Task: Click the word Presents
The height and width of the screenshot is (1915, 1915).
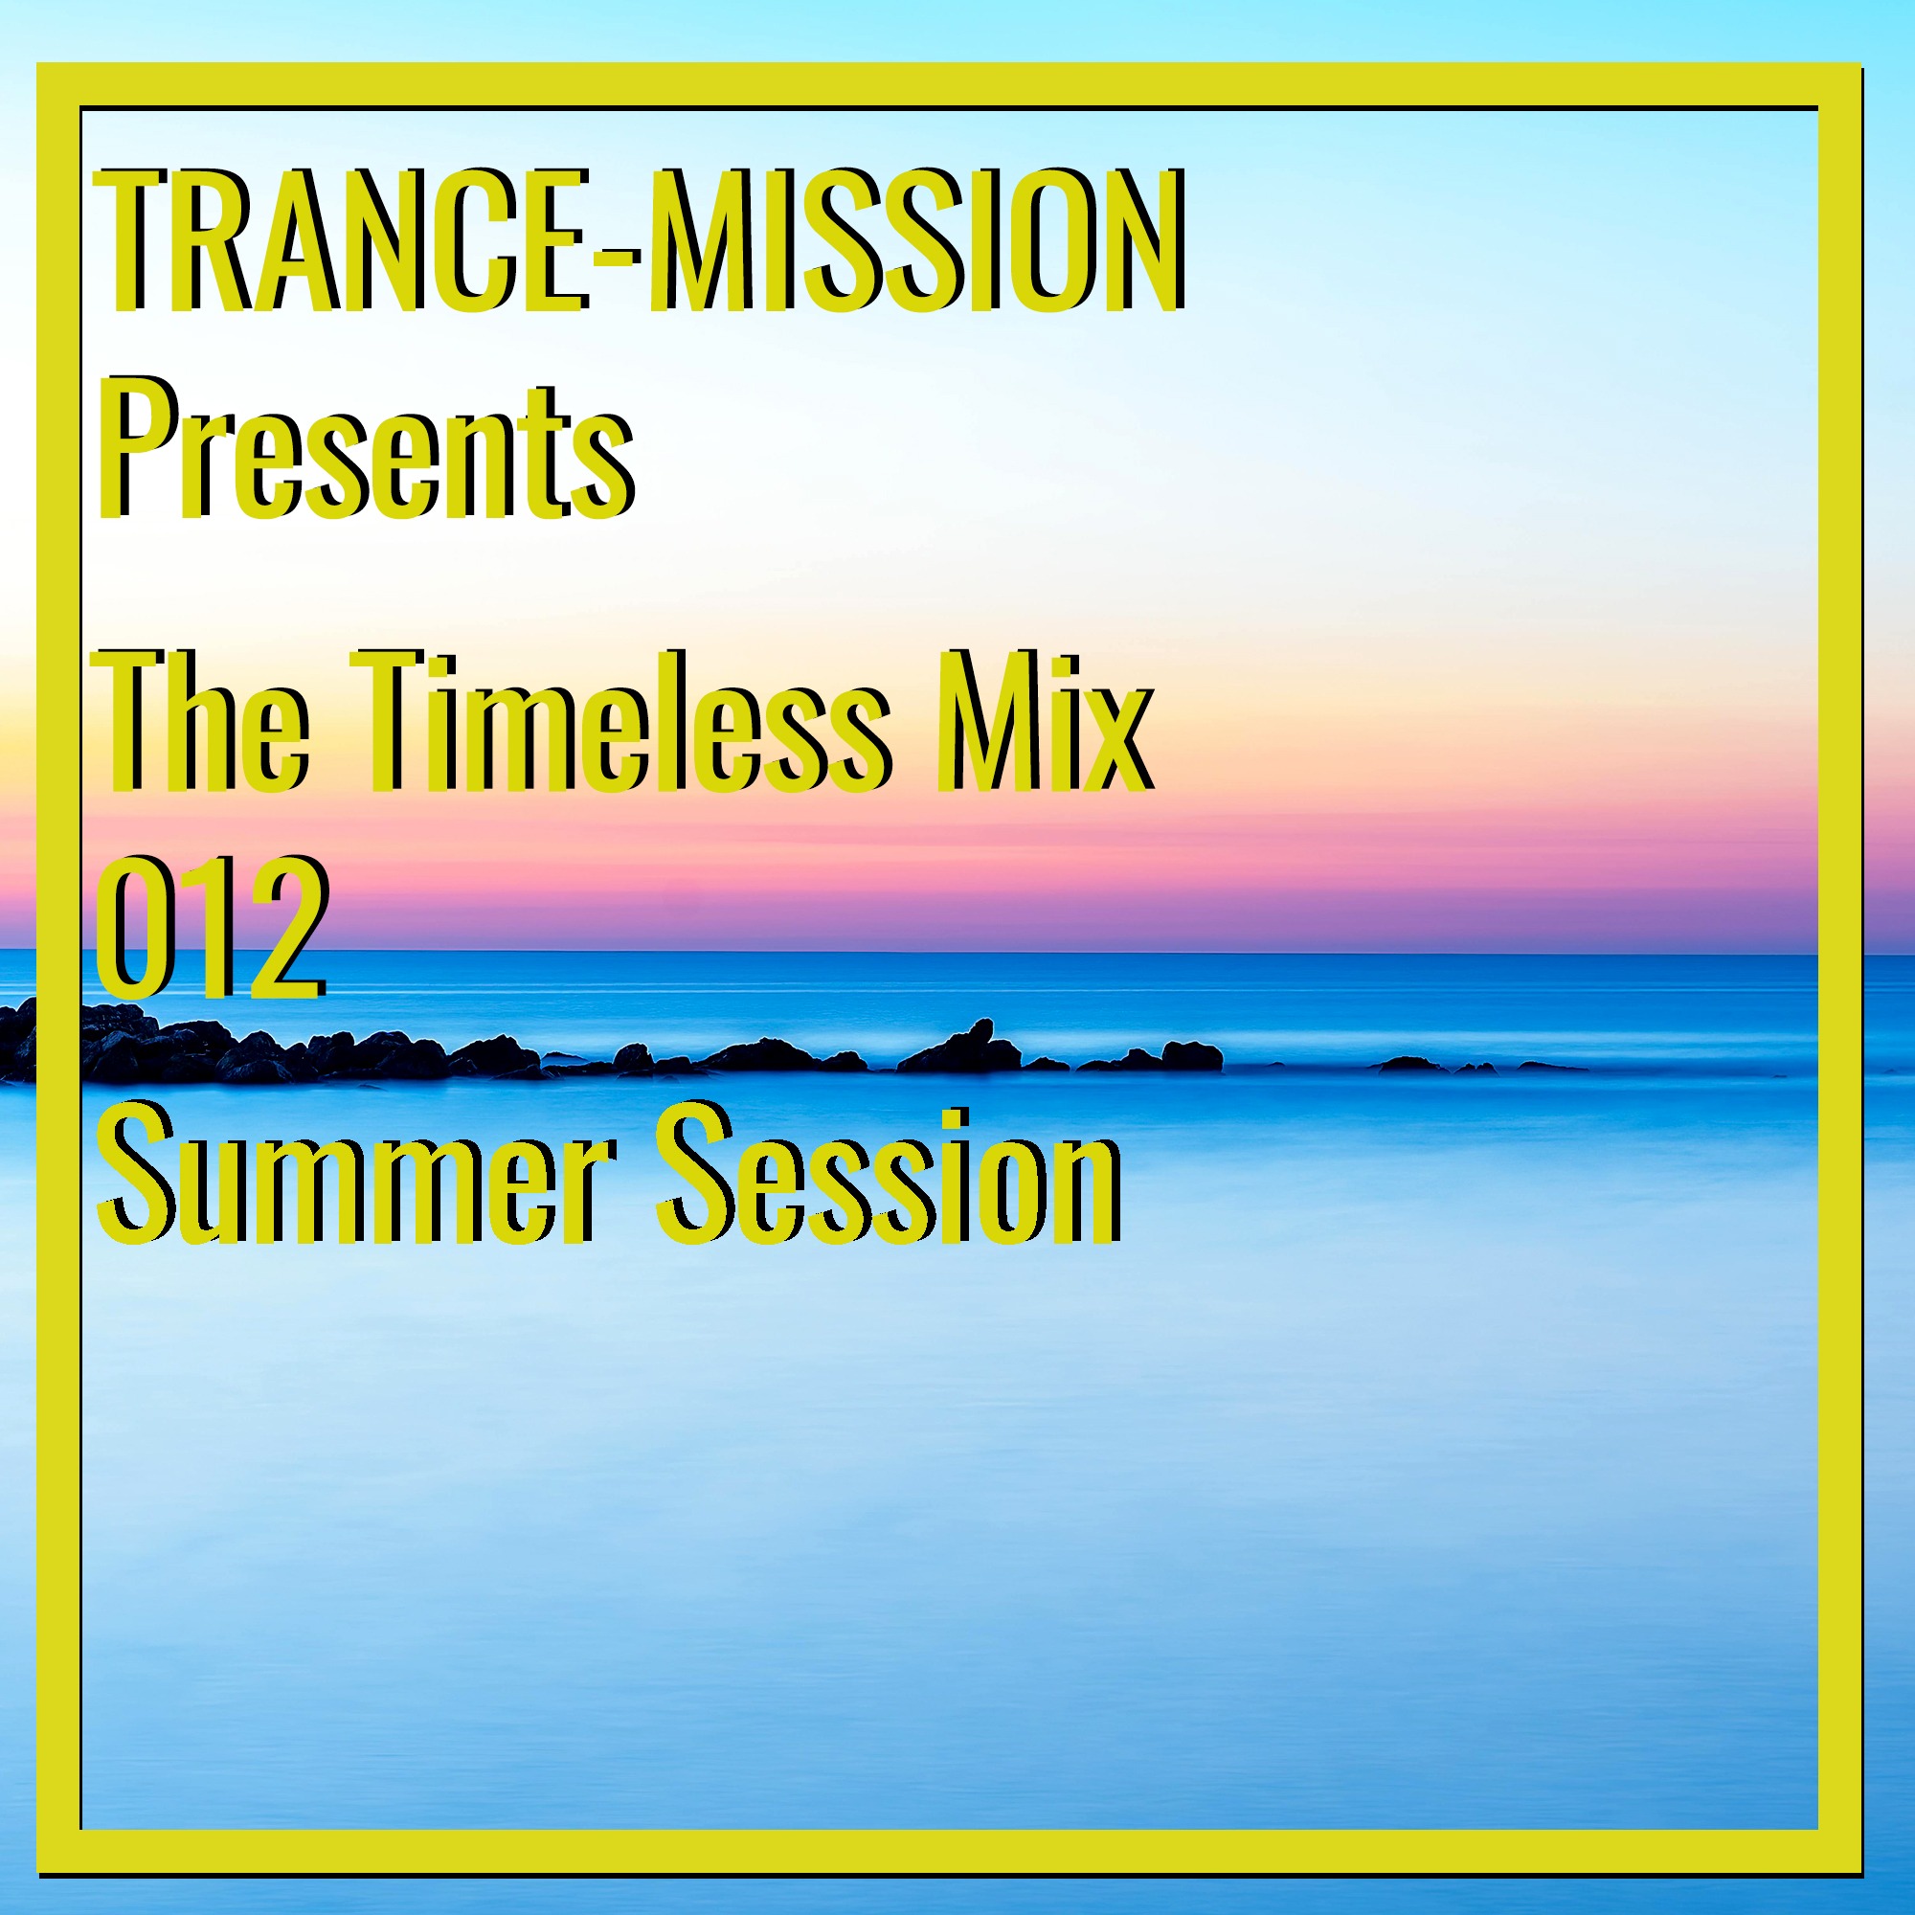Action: pyautogui.click(x=365, y=450)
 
